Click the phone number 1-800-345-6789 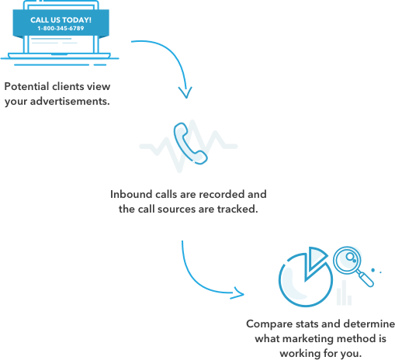coord(61,28)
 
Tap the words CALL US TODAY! coord(61,20)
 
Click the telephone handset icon coord(190,144)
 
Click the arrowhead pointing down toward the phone coord(185,92)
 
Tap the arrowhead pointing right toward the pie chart coord(238,293)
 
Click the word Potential coord(26,86)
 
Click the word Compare coord(269,324)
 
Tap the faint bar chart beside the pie coord(344,292)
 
